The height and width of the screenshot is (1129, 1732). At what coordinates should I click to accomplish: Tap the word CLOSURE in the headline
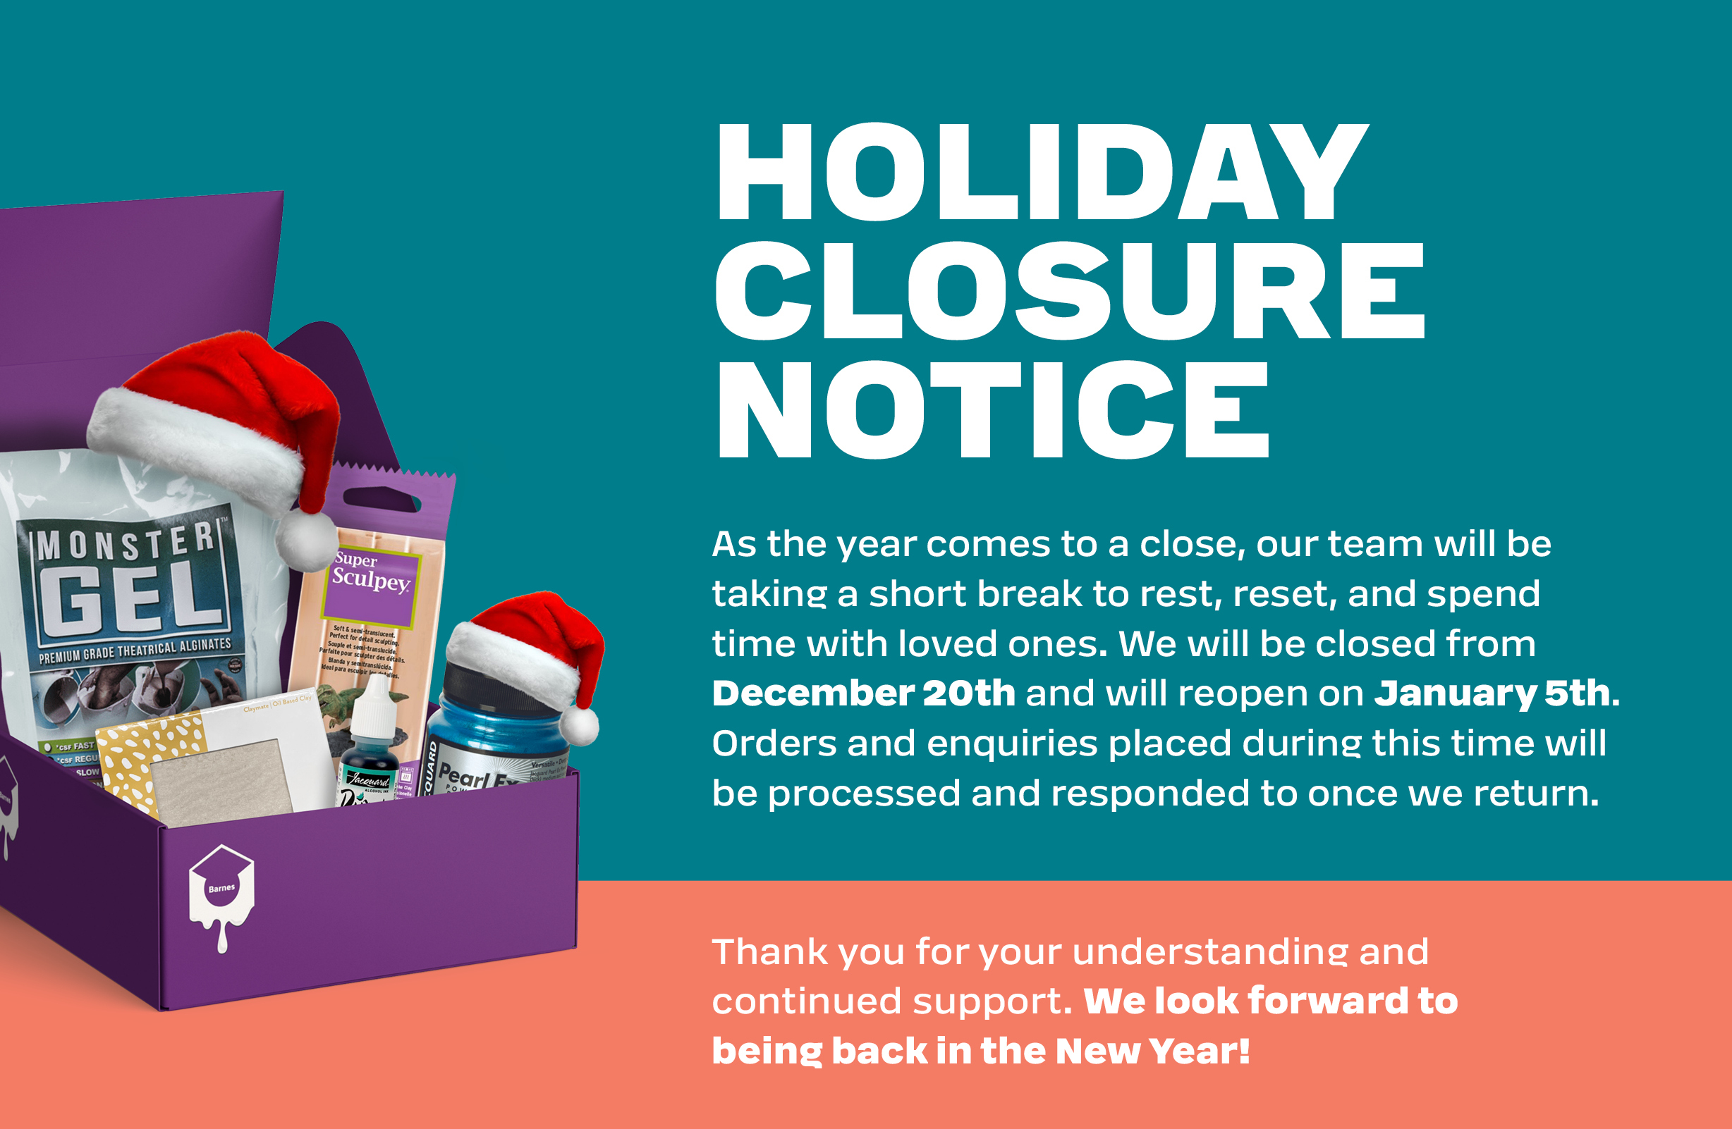pyautogui.click(x=1070, y=290)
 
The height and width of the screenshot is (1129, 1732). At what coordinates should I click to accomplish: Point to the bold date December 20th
pyautogui.click(x=863, y=693)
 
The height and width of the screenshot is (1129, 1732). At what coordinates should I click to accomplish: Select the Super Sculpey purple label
pyautogui.click(x=372, y=582)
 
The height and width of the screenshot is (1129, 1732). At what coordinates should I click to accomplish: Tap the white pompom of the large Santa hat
pyautogui.click(x=306, y=541)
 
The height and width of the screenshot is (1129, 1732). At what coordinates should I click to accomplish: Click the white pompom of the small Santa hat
pyautogui.click(x=580, y=726)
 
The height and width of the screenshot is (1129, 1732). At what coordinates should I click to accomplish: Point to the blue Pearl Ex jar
pyautogui.click(x=495, y=735)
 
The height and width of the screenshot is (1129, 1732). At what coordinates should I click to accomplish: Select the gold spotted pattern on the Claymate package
pyautogui.click(x=145, y=764)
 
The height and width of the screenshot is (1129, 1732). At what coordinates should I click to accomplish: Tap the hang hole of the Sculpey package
pyautogui.click(x=382, y=500)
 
